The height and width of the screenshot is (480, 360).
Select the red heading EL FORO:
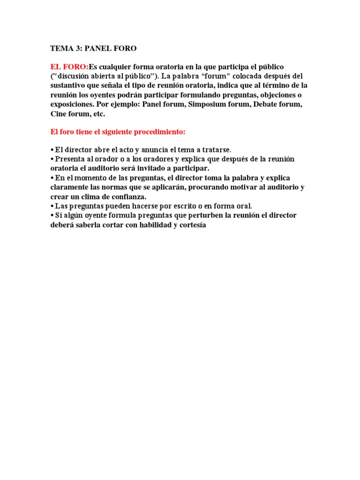coord(69,67)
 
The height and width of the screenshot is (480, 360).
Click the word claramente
coord(70,187)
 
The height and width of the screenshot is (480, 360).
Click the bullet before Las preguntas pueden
coord(52,206)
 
